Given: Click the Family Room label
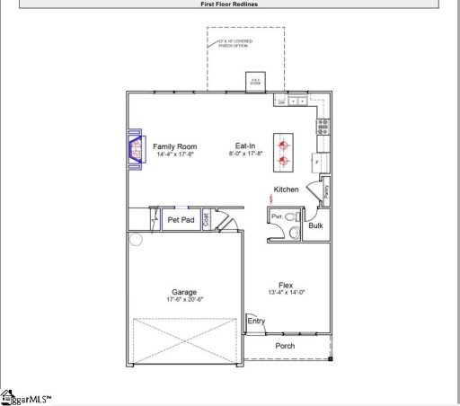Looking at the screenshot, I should point(174,146).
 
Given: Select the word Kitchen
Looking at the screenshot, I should point(287,190).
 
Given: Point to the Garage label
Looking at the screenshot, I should point(184,292).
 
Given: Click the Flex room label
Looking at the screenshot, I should point(286,286).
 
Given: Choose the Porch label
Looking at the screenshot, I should point(285,346).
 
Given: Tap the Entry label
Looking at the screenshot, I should point(256,322).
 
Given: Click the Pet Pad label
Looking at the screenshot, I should point(181,220).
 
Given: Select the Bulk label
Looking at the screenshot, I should point(315,225).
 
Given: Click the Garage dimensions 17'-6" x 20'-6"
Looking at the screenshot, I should point(184,299).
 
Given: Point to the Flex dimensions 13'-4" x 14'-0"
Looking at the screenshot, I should point(286,293).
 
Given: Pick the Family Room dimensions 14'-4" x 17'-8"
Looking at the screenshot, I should point(174,154).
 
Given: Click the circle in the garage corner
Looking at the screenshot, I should point(136,239).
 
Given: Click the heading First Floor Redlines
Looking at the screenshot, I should point(230,4).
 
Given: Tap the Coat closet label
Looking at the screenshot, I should point(206,218).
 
